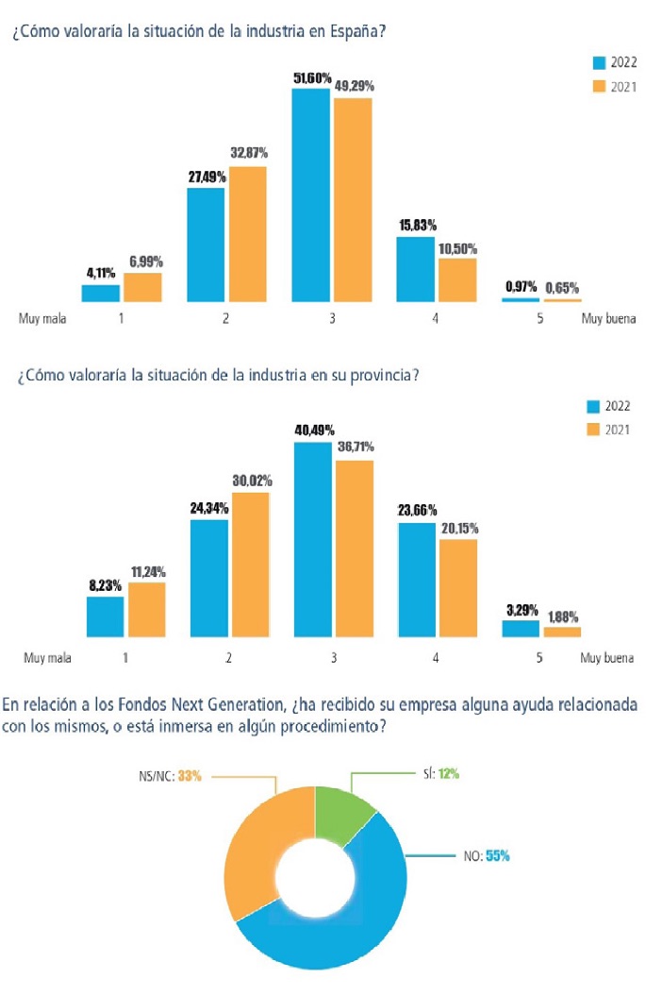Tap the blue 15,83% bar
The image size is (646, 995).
pyautogui.click(x=415, y=269)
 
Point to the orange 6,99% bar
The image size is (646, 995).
pyautogui.click(x=142, y=287)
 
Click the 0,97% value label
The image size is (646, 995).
pyautogui.click(x=520, y=287)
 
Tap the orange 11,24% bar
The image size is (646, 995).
pyautogui.click(x=146, y=610)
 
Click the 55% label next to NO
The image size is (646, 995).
pyautogui.click(x=498, y=856)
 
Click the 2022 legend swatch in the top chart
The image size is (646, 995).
pyautogui.click(x=598, y=63)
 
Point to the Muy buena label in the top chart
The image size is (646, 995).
pyautogui.click(x=608, y=318)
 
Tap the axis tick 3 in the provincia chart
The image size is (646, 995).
pyautogui.click(x=332, y=657)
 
